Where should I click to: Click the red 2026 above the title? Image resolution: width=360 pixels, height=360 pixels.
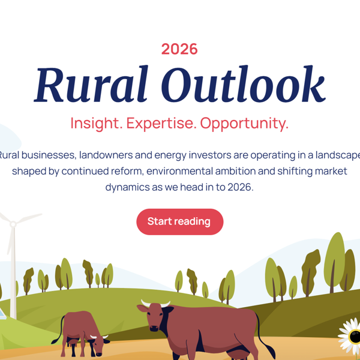coord(179,49)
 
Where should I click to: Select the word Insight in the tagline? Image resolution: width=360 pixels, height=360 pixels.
coord(96,124)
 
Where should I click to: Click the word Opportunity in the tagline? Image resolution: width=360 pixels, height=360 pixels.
coord(244,124)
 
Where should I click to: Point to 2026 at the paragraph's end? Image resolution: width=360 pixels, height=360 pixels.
coord(240,187)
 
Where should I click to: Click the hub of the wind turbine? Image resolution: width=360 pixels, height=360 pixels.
coord(12,224)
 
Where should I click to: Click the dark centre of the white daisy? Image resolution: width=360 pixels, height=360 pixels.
coord(355,336)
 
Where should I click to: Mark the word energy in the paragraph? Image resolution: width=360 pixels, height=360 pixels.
coord(172,155)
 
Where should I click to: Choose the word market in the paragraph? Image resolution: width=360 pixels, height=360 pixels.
coord(330,171)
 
